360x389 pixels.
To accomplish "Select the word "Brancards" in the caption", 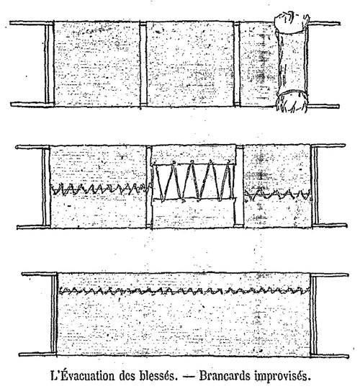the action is click(x=225, y=375).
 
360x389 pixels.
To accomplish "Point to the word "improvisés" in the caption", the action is click(x=282, y=376).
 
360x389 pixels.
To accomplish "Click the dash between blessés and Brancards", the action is click(x=188, y=377).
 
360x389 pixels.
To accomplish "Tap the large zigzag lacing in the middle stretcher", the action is click(x=194, y=180).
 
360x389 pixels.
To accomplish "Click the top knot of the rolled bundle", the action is click(x=292, y=22).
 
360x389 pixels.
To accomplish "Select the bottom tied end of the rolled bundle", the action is click(x=292, y=102).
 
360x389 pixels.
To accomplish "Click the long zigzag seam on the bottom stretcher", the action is click(x=184, y=291).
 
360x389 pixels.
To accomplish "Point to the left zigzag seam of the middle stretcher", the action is click(x=101, y=189).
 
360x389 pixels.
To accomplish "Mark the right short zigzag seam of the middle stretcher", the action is click(x=277, y=194).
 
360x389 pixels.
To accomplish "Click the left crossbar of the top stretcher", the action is click(x=50, y=63).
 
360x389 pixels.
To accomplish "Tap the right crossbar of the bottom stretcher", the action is click(x=313, y=315).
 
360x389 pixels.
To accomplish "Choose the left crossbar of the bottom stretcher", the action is click(x=54, y=313).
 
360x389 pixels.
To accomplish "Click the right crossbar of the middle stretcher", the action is click(x=315, y=186).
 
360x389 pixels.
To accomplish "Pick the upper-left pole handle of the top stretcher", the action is click(x=27, y=23).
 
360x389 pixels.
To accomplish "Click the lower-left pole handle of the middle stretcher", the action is click(x=30, y=227).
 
